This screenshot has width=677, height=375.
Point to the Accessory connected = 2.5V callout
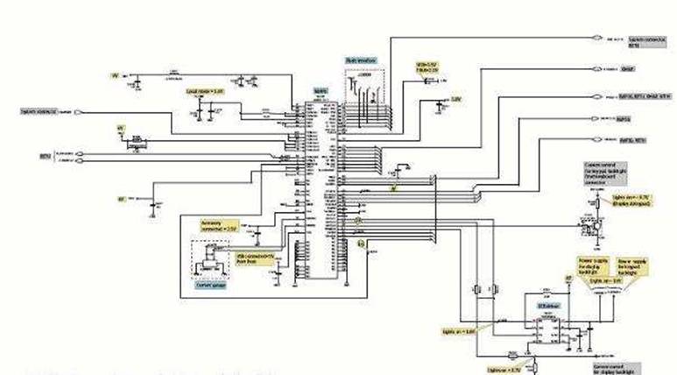(x=220, y=225)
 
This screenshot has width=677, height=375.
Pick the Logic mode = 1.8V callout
(x=205, y=90)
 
